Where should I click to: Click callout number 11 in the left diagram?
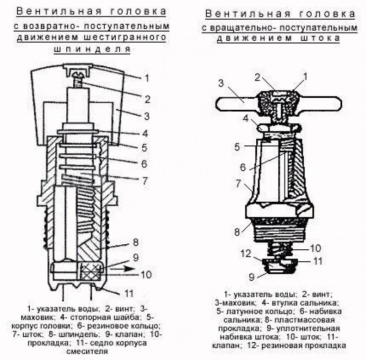coord(129,293)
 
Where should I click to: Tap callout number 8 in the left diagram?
coord(136,242)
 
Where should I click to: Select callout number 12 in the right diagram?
coord(246,253)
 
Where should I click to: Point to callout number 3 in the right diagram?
coord(221,83)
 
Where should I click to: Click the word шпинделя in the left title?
coord(92,49)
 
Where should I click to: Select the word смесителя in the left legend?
coord(87,351)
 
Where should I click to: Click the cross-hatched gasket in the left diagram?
coord(90,272)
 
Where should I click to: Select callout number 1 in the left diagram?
coord(147,78)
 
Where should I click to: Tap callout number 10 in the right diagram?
coord(316,248)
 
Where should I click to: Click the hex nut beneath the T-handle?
coord(279,128)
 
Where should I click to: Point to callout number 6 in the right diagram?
coord(243,167)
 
